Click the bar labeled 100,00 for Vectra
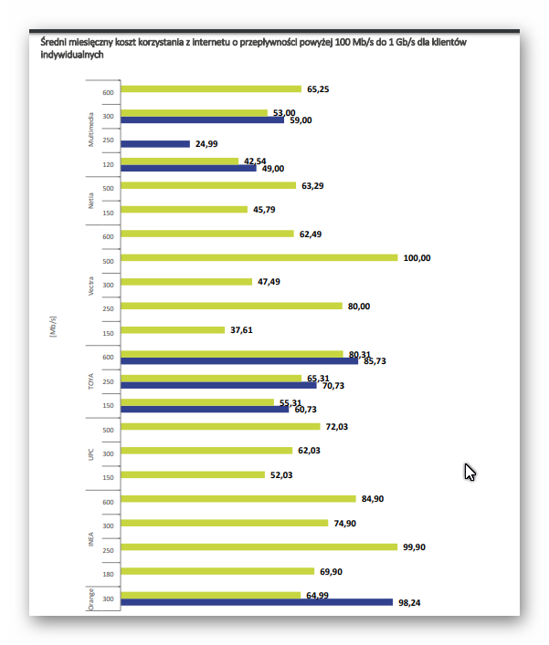[x=259, y=258]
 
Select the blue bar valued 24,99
[x=155, y=144]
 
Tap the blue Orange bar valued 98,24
[x=256, y=602]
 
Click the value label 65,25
[x=319, y=89]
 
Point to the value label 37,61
[x=240, y=330]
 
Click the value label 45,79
[x=264, y=210]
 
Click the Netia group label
[x=90, y=199]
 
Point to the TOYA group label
[x=90, y=381]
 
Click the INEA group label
[x=90, y=536]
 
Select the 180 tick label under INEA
[x=108, y=572]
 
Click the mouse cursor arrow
[x=470, y=472]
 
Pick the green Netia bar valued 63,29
[x=208, y=186]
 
